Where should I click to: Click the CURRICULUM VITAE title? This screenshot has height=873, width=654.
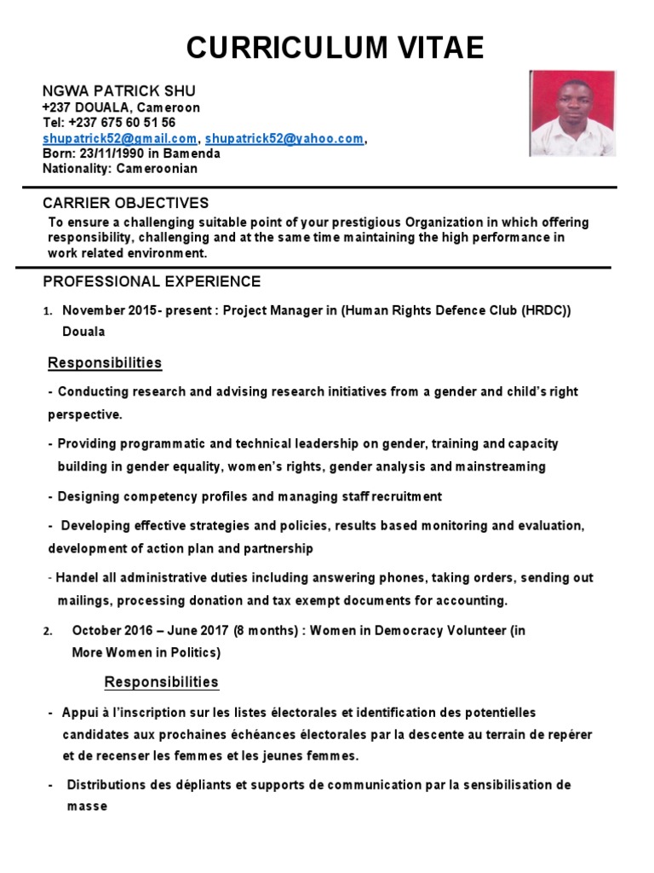click(335, 48)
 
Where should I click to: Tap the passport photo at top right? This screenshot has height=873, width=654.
click(572, 113)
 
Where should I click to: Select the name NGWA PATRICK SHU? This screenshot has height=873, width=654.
click(119, 91)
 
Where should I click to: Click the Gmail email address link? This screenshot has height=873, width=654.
click(119, 138)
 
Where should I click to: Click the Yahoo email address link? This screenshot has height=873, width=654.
click(284, 138)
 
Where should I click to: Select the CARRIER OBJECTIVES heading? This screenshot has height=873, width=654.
click(126, 203)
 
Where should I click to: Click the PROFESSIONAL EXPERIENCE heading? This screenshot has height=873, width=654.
click(152, 281)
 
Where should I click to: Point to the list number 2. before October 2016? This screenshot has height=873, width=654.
click(48, 632)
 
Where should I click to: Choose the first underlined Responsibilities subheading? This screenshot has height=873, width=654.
click(105, 363)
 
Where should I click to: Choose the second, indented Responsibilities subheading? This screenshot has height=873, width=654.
click(161, 682)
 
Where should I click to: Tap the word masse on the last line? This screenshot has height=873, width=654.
click(87, 806)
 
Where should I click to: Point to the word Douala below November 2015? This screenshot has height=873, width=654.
click(83, 332)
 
